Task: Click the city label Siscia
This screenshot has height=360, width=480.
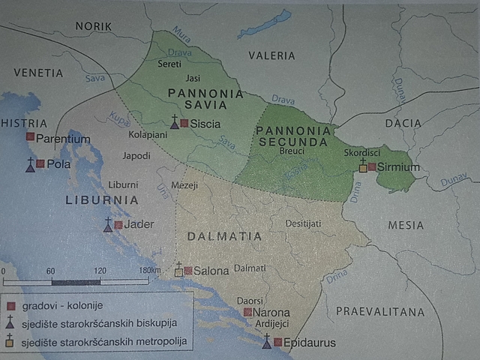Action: [205, 123]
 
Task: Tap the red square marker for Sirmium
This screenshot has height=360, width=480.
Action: [371, 167]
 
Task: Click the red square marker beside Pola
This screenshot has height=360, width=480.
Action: [40, 163]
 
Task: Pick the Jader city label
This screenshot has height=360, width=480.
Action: [139, 224]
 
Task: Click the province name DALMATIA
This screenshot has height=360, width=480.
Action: [225, 236]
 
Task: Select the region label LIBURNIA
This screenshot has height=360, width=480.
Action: [102, 200]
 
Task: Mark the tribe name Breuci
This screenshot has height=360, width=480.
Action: [291, 151]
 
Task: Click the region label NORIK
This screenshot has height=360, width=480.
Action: [93, 26]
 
